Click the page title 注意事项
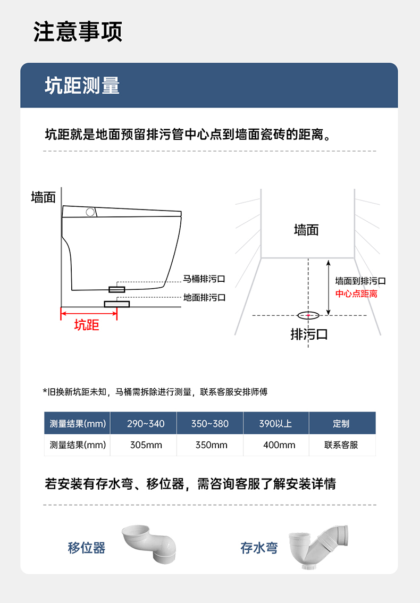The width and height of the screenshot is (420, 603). (x=78, y=31)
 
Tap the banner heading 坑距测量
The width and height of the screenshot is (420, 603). (x=82, y=86)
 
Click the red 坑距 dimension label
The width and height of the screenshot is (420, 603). (x=87, y=325)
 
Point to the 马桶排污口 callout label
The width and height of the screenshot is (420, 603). (x=204, y=279)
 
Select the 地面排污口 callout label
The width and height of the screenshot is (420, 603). (x=204, y=298)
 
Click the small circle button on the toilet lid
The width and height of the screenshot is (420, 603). (x=90, y=212)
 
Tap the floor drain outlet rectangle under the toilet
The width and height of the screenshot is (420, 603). (x=116, y=304)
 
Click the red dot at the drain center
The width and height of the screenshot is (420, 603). (x=308, y=315)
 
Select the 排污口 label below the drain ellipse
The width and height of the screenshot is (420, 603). (x=309, y=334)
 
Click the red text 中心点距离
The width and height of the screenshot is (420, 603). (x=356, y=294)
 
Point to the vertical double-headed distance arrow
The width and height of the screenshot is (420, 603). (x=328, y=288)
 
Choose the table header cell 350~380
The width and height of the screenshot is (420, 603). (x=210, y=423)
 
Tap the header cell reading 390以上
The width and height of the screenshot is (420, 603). (x=276, y=423)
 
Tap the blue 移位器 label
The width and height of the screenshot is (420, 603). (x=87, y=548)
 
